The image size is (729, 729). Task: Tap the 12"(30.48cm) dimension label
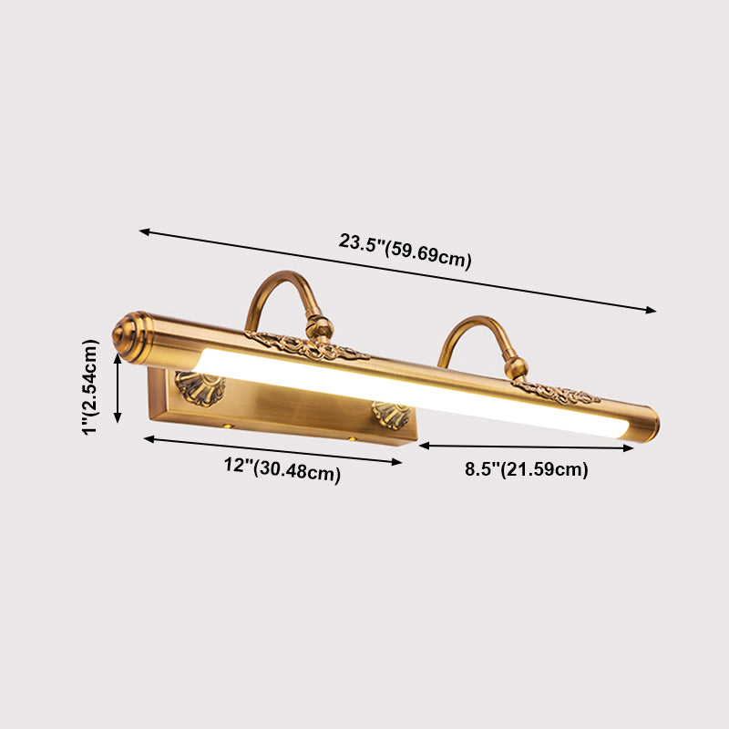tap(282, 469)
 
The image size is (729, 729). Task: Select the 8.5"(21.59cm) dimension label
tap(527, 470)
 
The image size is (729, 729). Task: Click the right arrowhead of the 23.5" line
tap(652, 311)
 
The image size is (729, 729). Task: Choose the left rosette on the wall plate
tap(200, 387)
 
